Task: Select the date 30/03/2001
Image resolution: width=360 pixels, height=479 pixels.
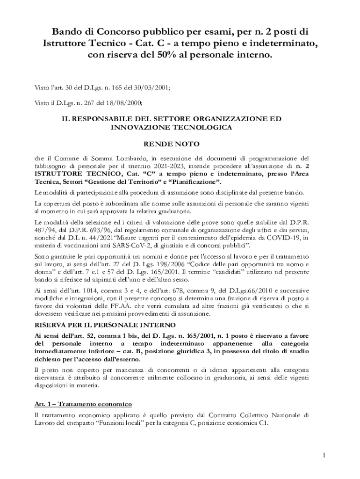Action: (x=153, y=87)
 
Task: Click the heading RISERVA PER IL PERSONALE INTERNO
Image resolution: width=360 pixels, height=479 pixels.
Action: (x=105, y=324)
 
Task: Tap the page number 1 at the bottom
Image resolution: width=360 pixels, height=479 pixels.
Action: (x=324, y=455)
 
